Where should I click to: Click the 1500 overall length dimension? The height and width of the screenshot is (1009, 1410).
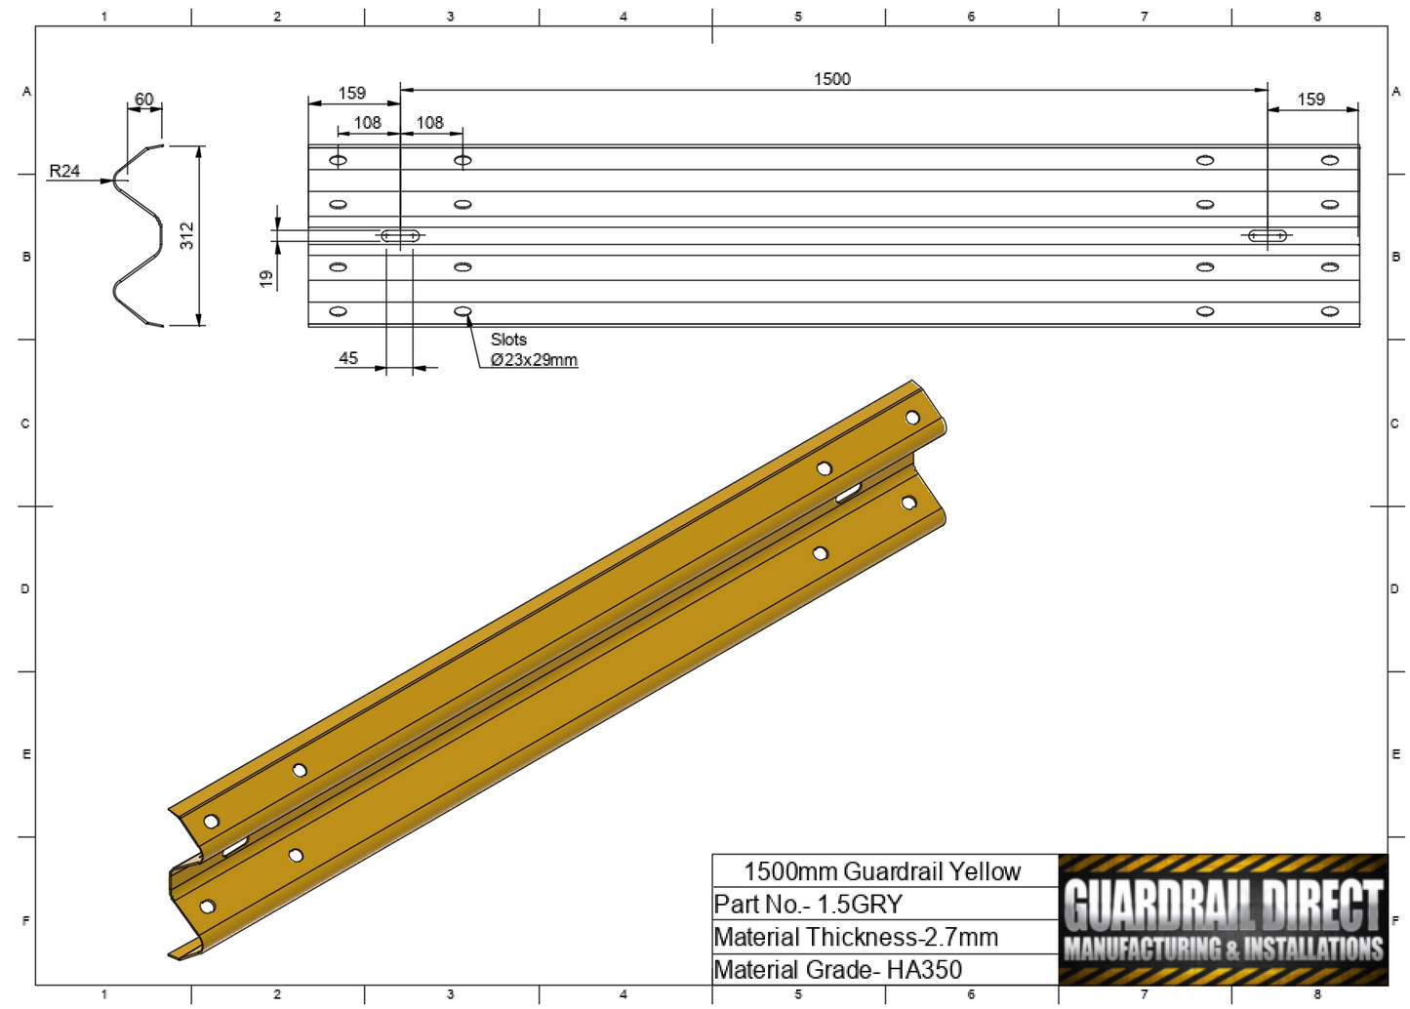click(831, 79)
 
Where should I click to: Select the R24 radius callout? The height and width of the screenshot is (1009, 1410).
click(64, 171)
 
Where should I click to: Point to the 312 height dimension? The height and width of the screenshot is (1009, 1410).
click(187, 235)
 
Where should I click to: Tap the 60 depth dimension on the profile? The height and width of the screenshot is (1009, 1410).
click(144, 100)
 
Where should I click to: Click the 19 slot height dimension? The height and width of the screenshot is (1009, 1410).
click(265, 279)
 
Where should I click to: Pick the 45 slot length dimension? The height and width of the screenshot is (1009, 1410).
click(348, 358)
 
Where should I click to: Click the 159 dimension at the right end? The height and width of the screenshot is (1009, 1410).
click(1310, 100)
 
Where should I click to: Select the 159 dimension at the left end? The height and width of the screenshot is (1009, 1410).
click(351, 94)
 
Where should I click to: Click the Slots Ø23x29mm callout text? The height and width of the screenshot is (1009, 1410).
click(532, 350)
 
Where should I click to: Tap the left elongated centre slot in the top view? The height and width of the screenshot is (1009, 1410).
click(400, 235)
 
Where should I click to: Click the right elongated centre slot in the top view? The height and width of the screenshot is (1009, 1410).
click(1268, 235)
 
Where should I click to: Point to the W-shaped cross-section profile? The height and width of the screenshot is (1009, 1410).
click(138, 235)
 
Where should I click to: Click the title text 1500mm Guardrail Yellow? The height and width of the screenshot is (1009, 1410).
click(882, 871)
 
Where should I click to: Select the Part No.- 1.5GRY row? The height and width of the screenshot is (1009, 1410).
click(808, 905)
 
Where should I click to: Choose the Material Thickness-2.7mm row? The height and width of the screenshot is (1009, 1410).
click(856, 938)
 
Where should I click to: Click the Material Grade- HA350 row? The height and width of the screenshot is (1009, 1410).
click(837, 970)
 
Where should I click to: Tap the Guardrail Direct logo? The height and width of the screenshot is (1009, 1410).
click(1223, 919)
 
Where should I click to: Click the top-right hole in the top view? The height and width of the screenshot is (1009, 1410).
click(1329, 160)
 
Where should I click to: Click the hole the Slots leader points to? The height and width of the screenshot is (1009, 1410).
click(463, 311)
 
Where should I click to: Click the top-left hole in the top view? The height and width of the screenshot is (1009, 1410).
click(338, 160)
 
